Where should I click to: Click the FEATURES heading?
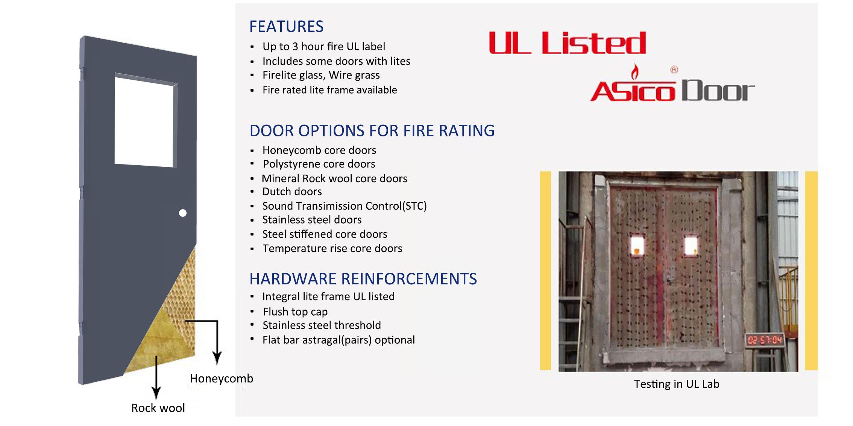pos(286,27)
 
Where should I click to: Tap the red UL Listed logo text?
pos(567,43)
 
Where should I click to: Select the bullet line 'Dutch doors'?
pos(292,192)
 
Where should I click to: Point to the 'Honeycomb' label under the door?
pos(222,378)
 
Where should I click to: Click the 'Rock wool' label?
pos(158,408)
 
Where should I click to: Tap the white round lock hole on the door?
pos(183,213)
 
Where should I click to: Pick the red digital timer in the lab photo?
pos(765,340)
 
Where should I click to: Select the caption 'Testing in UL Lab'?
pos(677,384)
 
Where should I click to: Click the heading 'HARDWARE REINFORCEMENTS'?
pos(363,279)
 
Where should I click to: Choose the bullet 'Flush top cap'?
pos(295,312)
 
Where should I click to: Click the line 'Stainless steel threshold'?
pos(322,325)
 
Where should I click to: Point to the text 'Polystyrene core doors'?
pos(319,164)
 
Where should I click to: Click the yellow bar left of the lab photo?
pos(545,271)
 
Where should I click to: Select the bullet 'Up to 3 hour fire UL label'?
pos(324,47)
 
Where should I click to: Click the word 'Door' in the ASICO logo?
pos(718,91)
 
